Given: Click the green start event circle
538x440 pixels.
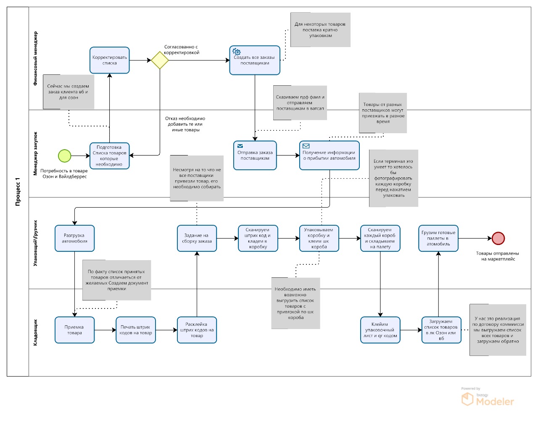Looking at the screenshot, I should click(x=64, y=156).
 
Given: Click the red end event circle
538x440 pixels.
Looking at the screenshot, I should click(x=498, y=238).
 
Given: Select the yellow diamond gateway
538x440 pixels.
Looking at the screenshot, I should click(x=160, y=60).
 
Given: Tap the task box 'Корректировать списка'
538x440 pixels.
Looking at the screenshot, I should click(x=109, y=60).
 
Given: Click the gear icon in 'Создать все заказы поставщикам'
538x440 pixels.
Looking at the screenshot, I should click(x=237, y=52).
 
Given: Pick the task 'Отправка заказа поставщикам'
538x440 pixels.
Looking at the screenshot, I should click(x=255, y=155).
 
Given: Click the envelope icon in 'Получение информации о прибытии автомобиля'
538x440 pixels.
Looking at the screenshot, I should click(x=306, y=146).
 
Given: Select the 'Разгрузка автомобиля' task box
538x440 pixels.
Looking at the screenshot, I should click(x=74, y=238).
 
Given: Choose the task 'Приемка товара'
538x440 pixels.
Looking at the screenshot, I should click(x=74, y=330).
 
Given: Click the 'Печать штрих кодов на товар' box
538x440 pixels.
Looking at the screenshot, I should click(x=135, y=330).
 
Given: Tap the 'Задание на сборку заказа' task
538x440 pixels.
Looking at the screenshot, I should click(x=197, y=238).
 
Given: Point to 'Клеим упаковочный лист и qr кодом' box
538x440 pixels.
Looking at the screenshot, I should click(x=380, y=330).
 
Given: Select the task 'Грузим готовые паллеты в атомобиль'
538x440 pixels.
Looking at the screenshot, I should click(x=438, y=238).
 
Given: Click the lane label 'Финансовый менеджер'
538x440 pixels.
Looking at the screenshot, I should click(x=35, y=58).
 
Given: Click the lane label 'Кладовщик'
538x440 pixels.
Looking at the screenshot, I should click(x=35, y=332).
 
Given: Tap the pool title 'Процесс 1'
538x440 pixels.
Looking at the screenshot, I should click(x=18, y=192).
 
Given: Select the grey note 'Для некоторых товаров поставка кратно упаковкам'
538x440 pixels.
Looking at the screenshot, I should click(x=320, y=30).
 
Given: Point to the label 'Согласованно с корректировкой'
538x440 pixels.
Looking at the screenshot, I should click(x=182, y=50).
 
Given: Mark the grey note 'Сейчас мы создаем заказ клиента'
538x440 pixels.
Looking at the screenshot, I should click(x=68, y=92).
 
